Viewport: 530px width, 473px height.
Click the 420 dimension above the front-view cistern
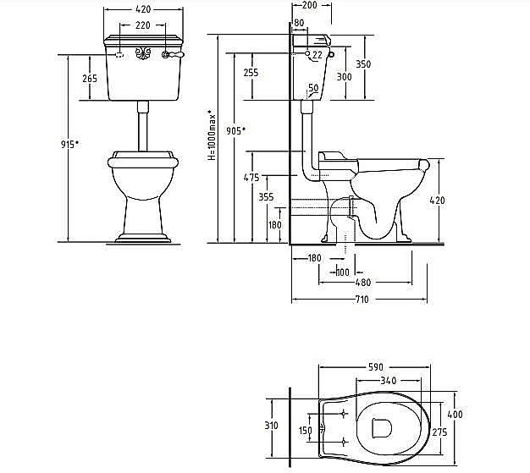(143, 9)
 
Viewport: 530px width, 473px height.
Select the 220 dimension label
(143, 25)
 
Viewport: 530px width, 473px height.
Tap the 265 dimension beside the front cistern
(90, 79)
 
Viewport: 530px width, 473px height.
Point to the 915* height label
(69, 144)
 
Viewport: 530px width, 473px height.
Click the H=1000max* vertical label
(212, 135)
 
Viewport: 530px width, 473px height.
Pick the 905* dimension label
(235, 131)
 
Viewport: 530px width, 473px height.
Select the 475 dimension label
(251, 178)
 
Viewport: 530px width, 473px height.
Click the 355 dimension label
(266, 196)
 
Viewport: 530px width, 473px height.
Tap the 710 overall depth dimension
(362, 300)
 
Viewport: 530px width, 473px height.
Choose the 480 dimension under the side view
(363, 283)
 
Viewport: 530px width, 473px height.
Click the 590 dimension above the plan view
(376, 367)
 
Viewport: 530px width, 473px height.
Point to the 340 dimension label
(389, 381)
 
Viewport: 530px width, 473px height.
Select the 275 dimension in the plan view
(439, 432)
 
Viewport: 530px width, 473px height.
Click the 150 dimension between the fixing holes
(306, 430)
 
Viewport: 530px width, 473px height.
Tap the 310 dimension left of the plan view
(271, 426)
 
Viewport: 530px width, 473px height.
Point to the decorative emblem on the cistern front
(143, 53)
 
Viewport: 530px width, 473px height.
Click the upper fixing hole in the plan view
(344, 414)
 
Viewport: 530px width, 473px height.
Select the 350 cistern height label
(363, 63)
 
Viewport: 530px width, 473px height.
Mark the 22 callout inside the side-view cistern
(317, 54)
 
